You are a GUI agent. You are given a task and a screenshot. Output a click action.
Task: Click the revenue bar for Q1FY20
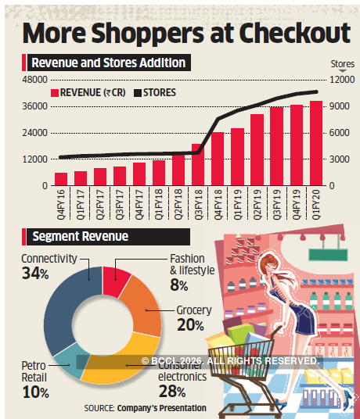[x=315, y=144]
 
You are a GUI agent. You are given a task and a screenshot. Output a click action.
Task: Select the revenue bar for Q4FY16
[x=60, y=179]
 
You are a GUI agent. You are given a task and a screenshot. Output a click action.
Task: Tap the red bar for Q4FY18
[x=217, y=159]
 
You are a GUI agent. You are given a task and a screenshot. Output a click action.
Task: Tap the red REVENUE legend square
[x=54, y=92]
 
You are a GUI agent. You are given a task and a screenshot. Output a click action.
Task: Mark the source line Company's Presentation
[x=168, y=408]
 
